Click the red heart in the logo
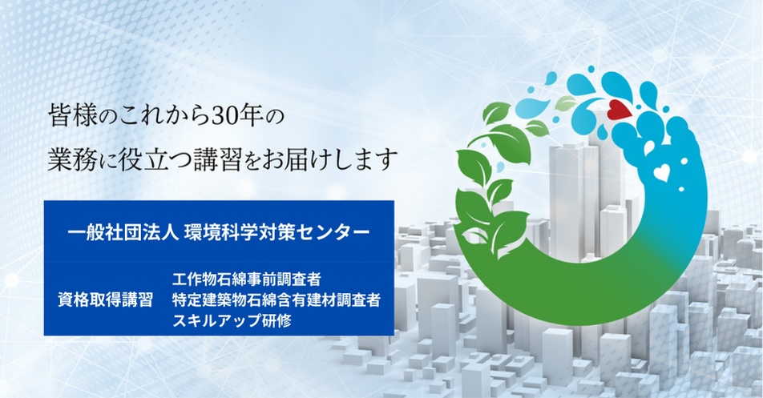[x=619, y=111]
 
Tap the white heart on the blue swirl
[x=660, y=172]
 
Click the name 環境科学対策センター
[x=276, y=232]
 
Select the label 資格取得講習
[x=105, y=300]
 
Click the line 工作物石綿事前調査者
[x=247, y=279]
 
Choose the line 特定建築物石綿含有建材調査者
[x=276, y=300]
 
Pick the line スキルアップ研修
[x=232, y=321]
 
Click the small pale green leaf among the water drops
[x=565, y=103]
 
